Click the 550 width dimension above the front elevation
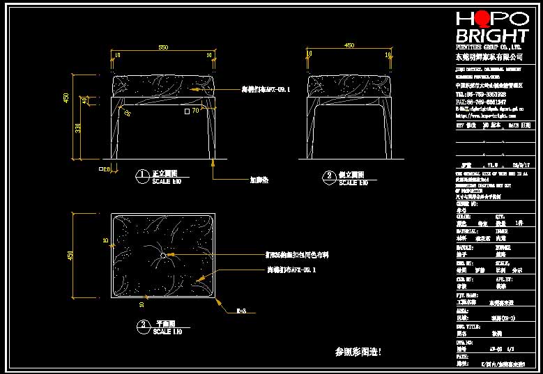(x=163, y=47)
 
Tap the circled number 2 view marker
(x=328, y=175)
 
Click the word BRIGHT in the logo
(x=491, y=36)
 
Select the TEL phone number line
(x=480, y=94)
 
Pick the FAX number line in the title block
(x=480, y=102)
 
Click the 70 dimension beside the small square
(x=195, y=110)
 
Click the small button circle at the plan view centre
(x=163, y=256)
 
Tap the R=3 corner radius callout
(x=241, y=311)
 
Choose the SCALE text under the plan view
(x=167, y=332)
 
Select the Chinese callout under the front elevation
(x=259, y=179)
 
